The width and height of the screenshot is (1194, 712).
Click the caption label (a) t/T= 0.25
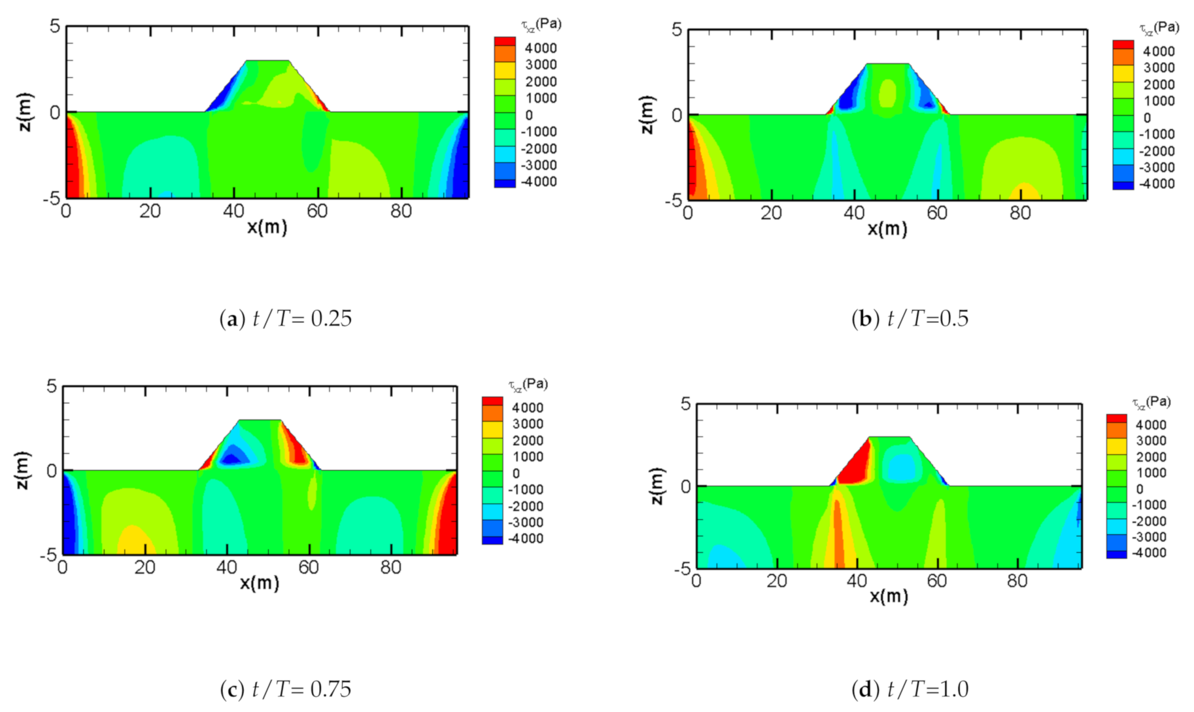pos(286,318)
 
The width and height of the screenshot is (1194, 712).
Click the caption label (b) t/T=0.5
pos(910,318)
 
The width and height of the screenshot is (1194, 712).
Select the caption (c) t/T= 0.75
pos(286,689)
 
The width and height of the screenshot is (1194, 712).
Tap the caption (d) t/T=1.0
pos(910,689)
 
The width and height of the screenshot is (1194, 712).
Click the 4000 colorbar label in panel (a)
pos(541,48)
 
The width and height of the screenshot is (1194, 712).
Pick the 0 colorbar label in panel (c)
pos(516,473)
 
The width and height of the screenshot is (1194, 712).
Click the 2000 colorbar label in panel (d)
pos(1151,457)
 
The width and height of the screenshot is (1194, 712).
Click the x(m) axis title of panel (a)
pos(267,228)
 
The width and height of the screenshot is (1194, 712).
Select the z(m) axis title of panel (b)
pos(647,115)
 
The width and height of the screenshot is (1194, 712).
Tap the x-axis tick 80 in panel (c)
pos(390,568)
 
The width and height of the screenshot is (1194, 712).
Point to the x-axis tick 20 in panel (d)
pos(776,581)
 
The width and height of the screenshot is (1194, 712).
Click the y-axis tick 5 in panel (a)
pos(54,26)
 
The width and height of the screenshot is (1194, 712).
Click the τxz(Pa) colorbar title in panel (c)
pos(528,384)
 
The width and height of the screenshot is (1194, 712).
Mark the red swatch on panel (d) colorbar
pos(1116,418)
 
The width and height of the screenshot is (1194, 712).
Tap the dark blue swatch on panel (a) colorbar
pos(504,183)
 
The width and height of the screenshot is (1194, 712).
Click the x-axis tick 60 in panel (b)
pos(936,213)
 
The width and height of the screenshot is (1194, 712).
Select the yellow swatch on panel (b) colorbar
pos(1123,73)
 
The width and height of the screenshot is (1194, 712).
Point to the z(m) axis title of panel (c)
pos(22,470)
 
